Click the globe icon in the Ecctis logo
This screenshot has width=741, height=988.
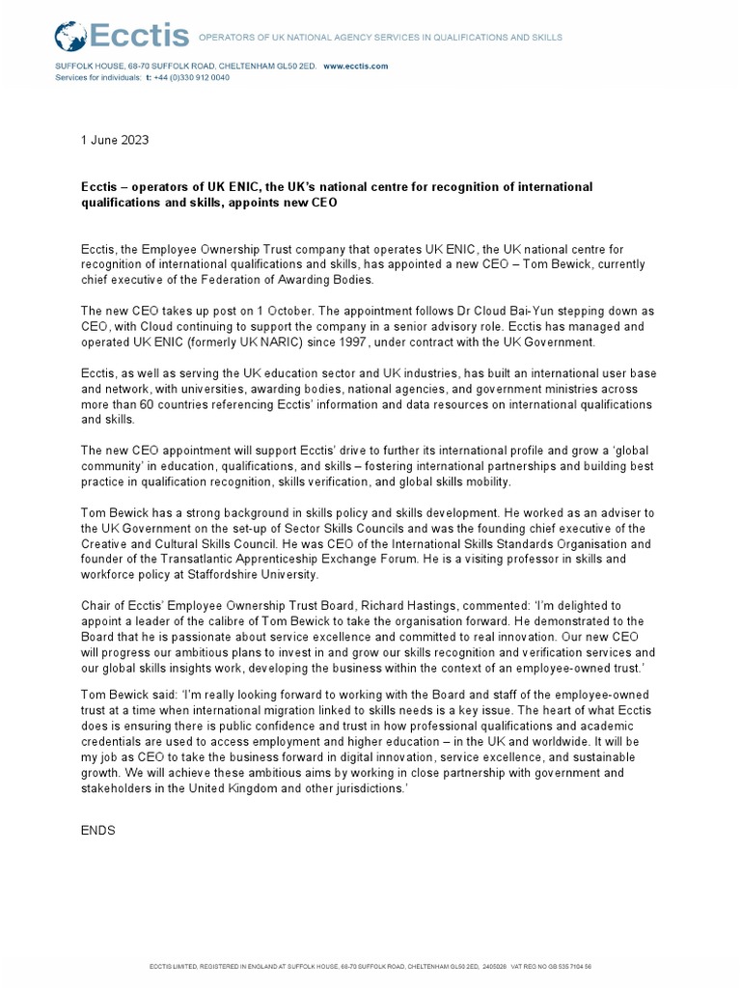70,38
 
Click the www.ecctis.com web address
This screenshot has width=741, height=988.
355,66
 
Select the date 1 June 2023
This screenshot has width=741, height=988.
114,140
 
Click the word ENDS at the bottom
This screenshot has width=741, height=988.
98,830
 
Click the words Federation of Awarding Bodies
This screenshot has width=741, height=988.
329,280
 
